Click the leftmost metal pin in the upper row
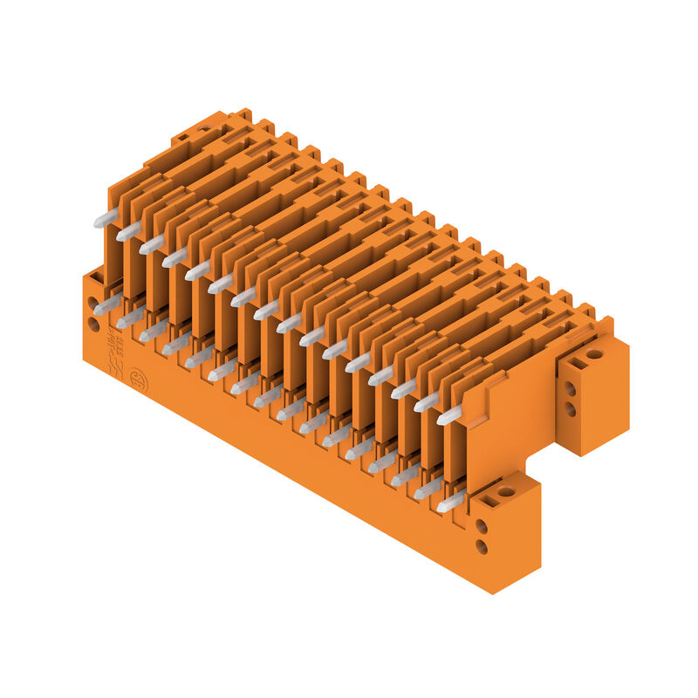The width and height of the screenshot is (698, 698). tap(106, 218)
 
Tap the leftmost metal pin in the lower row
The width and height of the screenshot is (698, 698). tap(107, 305)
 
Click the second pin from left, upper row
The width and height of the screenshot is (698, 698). tap(128, 231)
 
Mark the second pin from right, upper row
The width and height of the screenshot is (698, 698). tap(427, 402)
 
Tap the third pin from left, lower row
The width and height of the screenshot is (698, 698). tap(154, 331)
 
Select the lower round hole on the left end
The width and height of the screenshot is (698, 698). tap(93, 325)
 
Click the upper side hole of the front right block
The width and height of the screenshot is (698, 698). tap(481, 527)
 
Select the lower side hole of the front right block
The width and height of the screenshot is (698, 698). tap(481, 547)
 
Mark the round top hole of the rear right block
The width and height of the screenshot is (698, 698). tap(594, 353)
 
